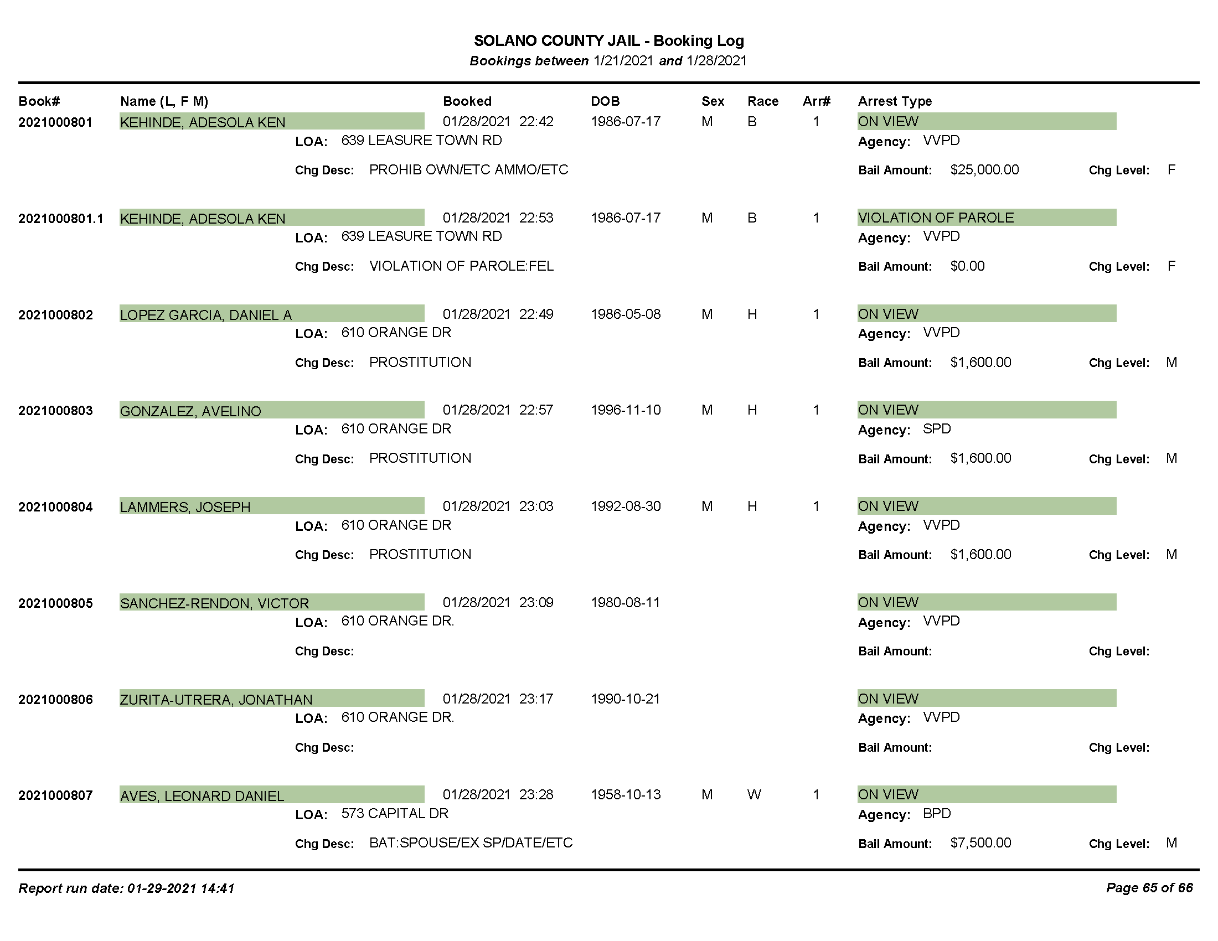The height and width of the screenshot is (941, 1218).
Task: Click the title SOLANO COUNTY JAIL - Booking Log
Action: [608, 41]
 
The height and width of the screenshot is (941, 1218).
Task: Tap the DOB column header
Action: [605, 101]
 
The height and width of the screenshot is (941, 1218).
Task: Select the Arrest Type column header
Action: [895, 101]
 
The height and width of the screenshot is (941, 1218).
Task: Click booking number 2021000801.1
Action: [61, 219]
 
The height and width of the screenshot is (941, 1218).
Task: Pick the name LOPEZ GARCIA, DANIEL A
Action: [206, 315]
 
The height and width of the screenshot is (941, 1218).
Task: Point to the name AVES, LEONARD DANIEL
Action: [202, 796]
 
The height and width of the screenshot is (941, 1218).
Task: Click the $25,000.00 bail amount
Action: [984, 170]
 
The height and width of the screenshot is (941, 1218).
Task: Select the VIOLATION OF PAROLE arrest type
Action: [936, 218]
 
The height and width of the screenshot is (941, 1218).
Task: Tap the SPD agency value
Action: [937, 428]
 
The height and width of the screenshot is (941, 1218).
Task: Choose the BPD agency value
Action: [937, 813]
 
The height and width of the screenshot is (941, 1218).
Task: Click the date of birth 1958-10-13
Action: [625, 794]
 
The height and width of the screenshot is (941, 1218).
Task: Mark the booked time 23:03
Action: [536, 506]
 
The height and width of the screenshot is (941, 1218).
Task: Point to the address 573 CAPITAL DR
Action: [395, 813]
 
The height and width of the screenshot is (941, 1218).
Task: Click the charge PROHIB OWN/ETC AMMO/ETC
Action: [468, 170]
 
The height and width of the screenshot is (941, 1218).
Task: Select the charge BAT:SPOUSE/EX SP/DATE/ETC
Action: [471, 843]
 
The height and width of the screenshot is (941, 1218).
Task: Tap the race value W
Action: [754, 794]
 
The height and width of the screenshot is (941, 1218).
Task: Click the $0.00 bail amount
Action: [967, 266]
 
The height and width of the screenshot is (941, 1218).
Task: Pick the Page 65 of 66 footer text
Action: [1149, 888]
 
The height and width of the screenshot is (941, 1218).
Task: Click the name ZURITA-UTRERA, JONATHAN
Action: [216, 700]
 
